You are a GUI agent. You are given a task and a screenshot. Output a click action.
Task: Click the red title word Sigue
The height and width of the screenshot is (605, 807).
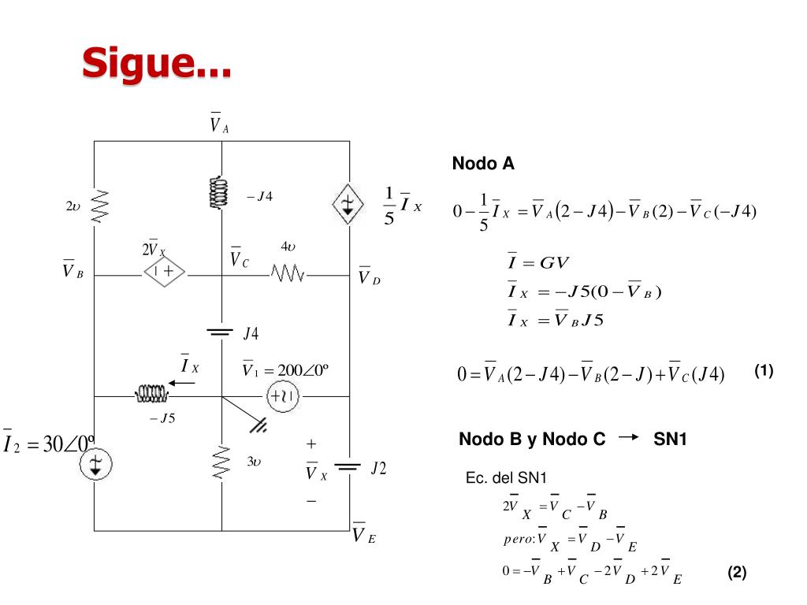pos(157,63)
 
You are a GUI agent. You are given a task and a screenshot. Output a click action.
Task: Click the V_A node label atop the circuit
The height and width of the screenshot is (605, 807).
pos(219,123)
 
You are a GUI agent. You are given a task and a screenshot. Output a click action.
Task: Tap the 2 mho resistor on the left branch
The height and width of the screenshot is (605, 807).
pos(100,207)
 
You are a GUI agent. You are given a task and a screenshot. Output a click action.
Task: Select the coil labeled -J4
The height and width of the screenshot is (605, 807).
pos(219,192)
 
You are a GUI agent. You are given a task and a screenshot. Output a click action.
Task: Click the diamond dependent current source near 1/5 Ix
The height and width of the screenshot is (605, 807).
pos(348,204)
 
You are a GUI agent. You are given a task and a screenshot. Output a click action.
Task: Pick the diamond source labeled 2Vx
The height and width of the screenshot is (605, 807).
pos(165,271)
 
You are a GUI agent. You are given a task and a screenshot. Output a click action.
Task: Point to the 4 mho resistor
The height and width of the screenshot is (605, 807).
pos(288,273)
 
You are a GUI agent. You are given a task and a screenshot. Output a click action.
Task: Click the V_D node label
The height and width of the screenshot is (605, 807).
pos(369,277)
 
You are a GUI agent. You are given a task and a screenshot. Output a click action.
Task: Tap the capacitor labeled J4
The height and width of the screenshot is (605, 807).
pos(220,332)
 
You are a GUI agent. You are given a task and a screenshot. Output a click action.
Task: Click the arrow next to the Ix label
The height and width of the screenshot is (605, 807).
pos(182,383)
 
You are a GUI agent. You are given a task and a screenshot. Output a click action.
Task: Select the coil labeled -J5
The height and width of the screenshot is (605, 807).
pos(152,394)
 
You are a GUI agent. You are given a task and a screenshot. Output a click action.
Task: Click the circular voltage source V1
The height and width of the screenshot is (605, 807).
pos(283,396)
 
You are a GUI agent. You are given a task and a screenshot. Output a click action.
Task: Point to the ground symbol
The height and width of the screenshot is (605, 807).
pos(258,425)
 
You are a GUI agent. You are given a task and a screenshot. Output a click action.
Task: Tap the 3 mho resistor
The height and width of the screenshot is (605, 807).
pos(221,463)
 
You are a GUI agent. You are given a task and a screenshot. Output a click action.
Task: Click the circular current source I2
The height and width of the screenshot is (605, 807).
pos(95,464)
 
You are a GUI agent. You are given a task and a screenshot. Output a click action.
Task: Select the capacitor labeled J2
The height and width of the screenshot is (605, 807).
pos(348,467)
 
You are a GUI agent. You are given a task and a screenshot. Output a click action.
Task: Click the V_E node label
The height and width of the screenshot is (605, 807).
pos(364,533)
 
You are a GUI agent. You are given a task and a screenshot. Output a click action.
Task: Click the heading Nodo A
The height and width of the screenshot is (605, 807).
pos(483,164)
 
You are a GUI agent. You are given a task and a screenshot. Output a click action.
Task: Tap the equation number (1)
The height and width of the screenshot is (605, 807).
pos(764,371)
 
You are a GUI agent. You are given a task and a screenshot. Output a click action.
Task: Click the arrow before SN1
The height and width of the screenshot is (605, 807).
pos(628,437)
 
